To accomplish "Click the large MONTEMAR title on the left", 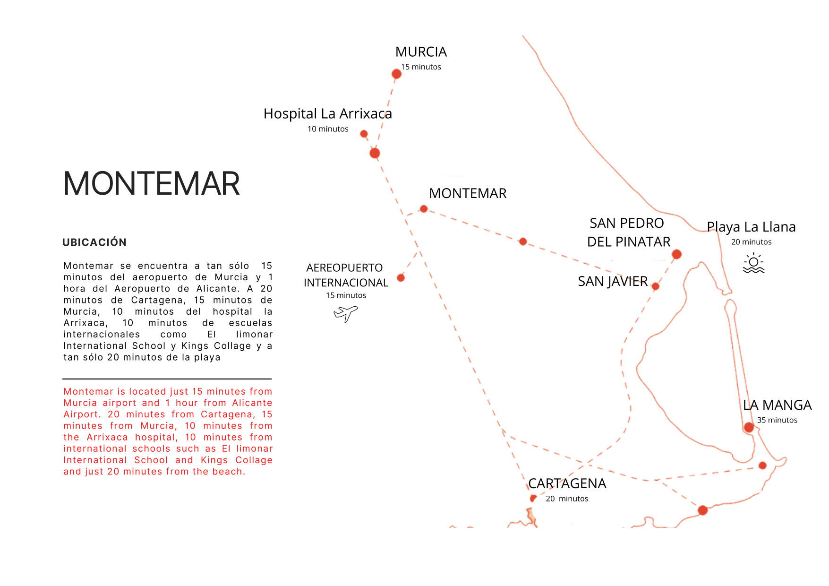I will coord(152,183).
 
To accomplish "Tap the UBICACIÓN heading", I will coord(94,242).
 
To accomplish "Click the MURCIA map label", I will coord(421,52).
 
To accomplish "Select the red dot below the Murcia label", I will coord(396,74).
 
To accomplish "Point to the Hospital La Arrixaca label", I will coord(327,114).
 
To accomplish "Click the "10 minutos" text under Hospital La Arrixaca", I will coord(328,129).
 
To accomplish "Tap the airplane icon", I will coord(346,313).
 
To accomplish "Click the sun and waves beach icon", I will coord(753,263).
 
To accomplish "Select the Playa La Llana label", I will coord(751,227).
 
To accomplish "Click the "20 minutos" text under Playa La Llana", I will coord(751,242).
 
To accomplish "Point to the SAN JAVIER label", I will coord(613,281).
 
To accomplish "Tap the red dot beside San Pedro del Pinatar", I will coord(676,254).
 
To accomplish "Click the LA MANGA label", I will coord(777,405).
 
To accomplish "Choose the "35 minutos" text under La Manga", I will coord(777,420).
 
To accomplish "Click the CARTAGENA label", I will coord(567,483).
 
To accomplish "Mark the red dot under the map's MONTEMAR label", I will coord(424,209).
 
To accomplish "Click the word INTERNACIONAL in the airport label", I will coord(346,283).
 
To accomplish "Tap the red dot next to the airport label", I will coord(401,278).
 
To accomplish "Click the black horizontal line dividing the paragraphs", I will coord(167,379).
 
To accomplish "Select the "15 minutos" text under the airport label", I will coord(346,295).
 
